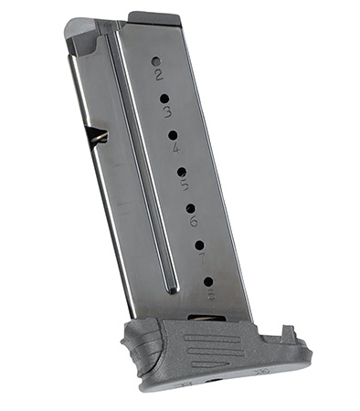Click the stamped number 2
click(x=159, y=75)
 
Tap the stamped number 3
click(x=167, y=112)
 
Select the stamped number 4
click(x=175, y=148)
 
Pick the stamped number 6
click(x=193, y=220)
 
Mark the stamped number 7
click(x=201, y=258)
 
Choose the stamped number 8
click(x=210, y=294)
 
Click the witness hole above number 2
click(x=155, y=61)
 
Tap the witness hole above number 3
click(x=164, y=98)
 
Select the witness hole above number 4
click(x=172, y=134)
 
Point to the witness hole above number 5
click(x=181, y=171)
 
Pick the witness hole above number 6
click(x=190, y=207)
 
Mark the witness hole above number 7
click(x=198, y=245)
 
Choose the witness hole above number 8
click(x=207, y=281)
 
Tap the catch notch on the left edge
click(x=97, y=137)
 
